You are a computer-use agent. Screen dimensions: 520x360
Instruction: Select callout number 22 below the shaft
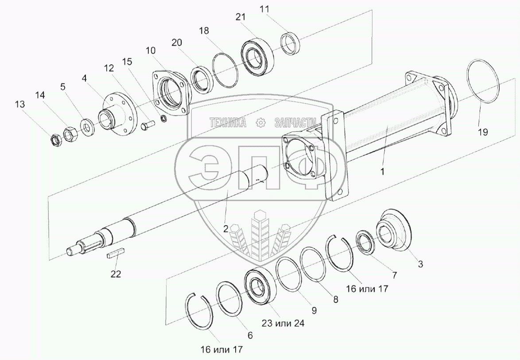[x=116, y=274]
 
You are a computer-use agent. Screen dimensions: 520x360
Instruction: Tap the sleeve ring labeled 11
[x=291, y=43]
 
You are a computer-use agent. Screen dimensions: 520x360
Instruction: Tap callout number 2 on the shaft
[x=225, y=229]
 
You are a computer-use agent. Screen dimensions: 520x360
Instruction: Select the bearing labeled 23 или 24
[x=261, y=286]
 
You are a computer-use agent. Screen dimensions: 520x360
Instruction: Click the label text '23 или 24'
[x=283, y=323]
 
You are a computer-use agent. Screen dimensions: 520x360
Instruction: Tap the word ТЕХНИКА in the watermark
[x=228, y=123]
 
